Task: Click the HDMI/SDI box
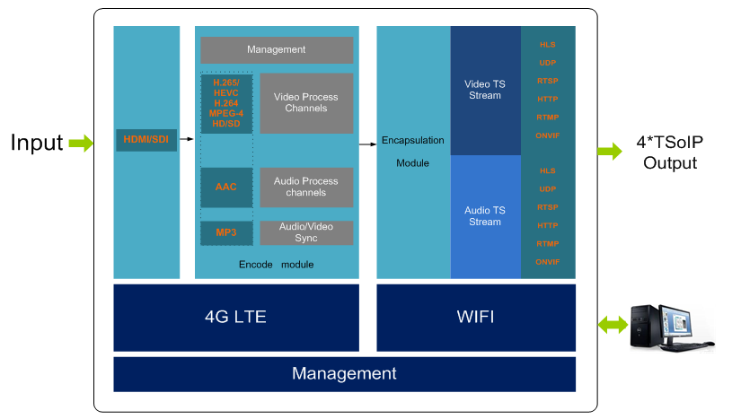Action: click(146, 139)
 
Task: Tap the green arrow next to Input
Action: click(81, 143)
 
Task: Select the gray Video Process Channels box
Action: click(306, 103)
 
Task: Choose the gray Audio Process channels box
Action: click(306, 187)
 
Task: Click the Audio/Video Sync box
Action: click(306, 232)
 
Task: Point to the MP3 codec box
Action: click(226, 232)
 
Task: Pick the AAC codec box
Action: click(226, 187)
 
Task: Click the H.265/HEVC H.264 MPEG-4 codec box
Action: click(226, 103)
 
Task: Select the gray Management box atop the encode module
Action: click(277, 49)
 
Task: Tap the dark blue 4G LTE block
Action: click(235, 317)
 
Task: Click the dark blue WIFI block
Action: click(476, 317)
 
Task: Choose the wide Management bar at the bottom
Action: click(344, 373)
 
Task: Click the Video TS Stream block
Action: click(485, 90)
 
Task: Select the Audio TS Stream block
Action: click(485, 216)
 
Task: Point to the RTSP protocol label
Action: click(548, 81)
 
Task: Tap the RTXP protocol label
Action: click(548, 207)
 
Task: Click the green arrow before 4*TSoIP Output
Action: click(611, 151)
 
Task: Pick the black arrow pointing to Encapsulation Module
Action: click(367, 144)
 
